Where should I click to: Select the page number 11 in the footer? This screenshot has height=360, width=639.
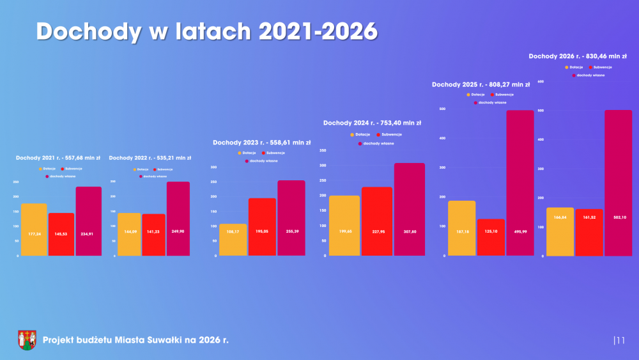pyautogui.click(x=620, y=340)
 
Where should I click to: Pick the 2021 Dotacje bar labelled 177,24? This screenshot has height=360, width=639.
pyautogui.click(x=34, y=230)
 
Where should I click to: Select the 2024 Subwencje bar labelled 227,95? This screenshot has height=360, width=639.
pyautogui.click(x=377, y=221)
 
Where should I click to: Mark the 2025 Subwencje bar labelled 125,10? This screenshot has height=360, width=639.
pyautogui.click(x=491, y=238)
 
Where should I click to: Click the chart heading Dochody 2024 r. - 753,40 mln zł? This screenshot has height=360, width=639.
pyautogui.click(x=373, y=122)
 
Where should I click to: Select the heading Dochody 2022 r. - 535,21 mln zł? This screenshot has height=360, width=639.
pyautogui.click(x=150, y=157)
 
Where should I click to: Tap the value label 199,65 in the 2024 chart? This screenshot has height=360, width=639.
pyautogui.click(x=344, y=231)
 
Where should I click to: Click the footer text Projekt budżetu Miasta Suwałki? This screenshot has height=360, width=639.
pyautogui.click(x=135, y=340)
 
